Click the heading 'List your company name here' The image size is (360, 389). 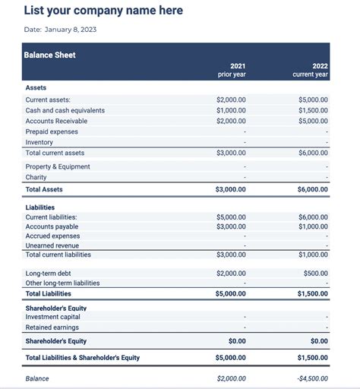click(103, 11)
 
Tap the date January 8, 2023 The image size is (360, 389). click(61, 30)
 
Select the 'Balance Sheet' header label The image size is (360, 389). click(50, 55)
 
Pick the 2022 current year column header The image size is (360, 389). click(311, 70)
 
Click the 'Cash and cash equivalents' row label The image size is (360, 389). click(65, 110)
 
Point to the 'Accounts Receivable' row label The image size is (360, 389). click(56, 121)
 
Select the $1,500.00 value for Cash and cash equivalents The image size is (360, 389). click(313, 110)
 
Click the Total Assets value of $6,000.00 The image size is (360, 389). click(312, 189)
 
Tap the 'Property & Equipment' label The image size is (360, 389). click(58, 166)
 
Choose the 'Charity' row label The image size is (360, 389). click(36, 177)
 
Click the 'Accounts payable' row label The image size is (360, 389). click(52, 226)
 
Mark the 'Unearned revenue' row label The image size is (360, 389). click(52, 245)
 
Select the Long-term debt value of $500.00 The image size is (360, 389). click(315, 273)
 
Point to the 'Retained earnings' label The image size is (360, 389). click(52, 327)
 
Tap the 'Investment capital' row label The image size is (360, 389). click(53, 317)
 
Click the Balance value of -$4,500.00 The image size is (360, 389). click(312, 378)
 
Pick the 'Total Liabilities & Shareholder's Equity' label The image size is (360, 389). click(83, 357)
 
